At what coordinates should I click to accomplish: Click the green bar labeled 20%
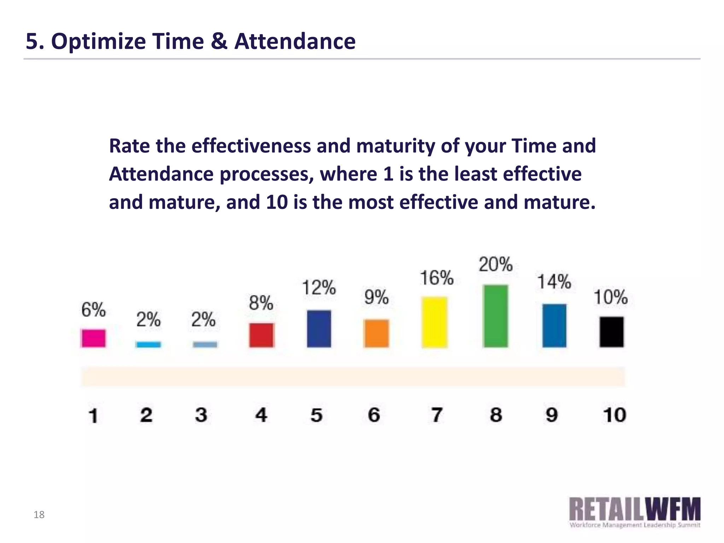click(x=495, y=316)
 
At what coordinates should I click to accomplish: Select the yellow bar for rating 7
click(x=434, y=322)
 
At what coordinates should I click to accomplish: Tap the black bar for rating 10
click(x=611, y=332)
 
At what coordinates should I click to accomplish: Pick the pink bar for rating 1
click(x=93, y=338)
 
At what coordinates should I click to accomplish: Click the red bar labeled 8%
click(x=261, y=335)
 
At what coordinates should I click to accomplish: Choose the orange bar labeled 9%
click(x=376, y=333)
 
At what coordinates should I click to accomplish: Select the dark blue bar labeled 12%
click(x=319, y=328)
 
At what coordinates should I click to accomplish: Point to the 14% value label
click(x=554, y=282)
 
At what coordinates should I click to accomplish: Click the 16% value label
click(x=436, y=278)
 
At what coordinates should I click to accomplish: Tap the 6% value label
click(x=93, y=310)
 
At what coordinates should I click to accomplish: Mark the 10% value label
click(x=610, y=297)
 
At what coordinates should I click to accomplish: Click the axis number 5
click(x=316, y=415)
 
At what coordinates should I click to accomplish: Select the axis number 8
click(x=496, y=415)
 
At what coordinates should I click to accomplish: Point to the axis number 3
click(x=201, y=415)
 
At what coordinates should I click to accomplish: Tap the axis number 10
click(x=614, y=415)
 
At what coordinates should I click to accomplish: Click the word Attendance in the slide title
click(x=295, y=41)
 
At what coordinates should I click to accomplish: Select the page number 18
click(x=39, y=515)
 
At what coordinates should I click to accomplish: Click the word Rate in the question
click(x=129, y=146)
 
